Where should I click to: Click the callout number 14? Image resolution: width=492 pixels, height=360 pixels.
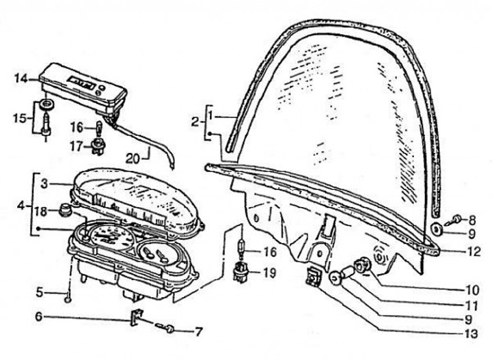coord(20,79)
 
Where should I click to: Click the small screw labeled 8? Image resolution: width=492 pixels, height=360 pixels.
coord(456,219)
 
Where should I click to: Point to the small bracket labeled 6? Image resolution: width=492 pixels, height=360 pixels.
coord(135,318)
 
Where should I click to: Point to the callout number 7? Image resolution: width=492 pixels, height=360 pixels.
coord(198,332)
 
